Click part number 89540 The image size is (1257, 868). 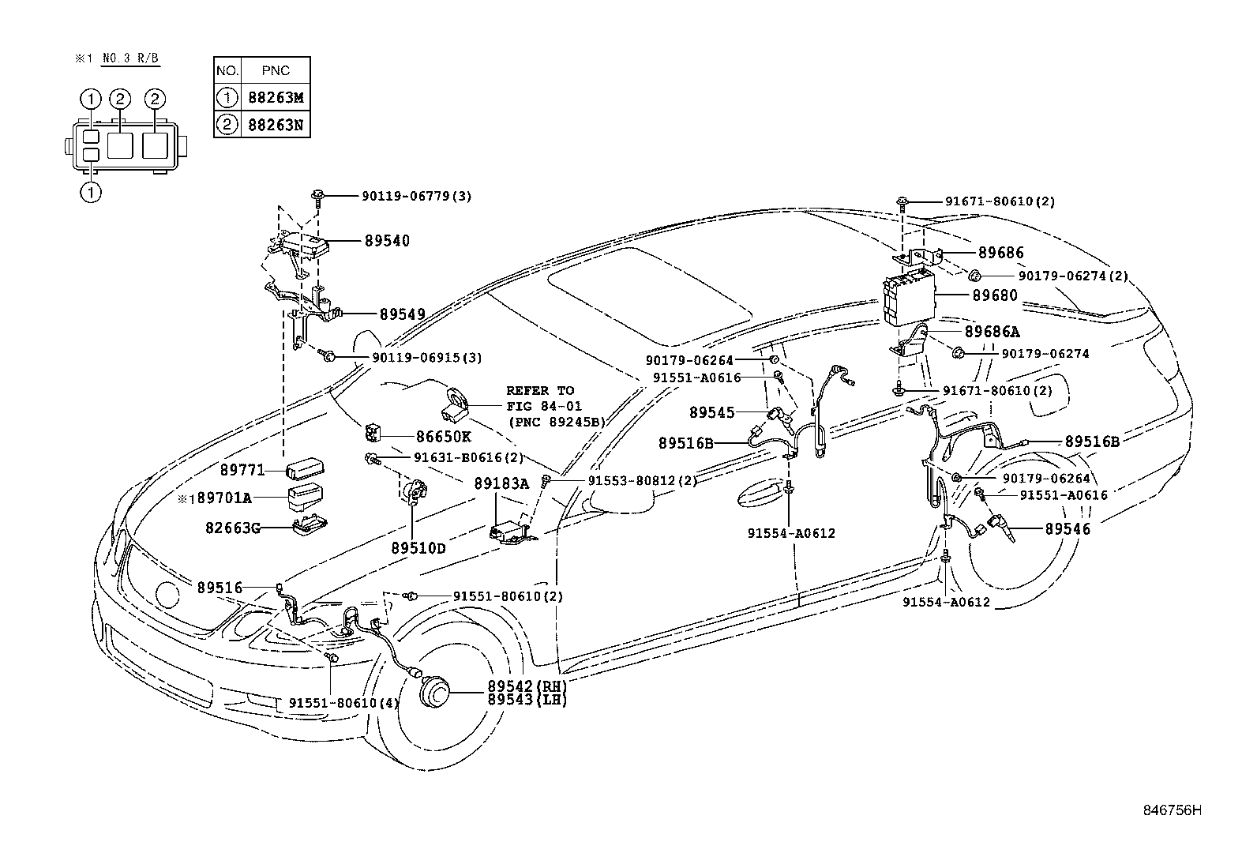387,241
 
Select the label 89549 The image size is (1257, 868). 402,314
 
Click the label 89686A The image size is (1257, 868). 992,333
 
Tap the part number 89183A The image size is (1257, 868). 501,483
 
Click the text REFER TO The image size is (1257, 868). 540,390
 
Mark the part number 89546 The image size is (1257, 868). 1067,529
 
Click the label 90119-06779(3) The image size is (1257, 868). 417,196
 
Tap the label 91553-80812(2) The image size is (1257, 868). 642,481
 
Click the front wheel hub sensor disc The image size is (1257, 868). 433,693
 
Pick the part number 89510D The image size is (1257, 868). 418,547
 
